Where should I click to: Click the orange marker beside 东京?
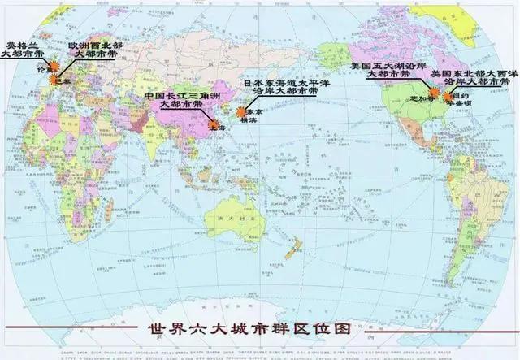pos(241,113)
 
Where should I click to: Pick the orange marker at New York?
pos(447,94)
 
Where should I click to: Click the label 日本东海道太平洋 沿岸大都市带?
pos(281,88)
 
